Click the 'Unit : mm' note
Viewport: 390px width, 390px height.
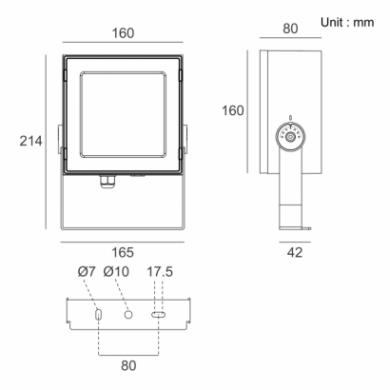tap(347, 23)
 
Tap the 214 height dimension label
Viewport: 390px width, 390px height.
tap(30, 141)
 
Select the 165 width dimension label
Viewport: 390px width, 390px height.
tap(123, 253)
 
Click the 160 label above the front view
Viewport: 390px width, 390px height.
tap(123, 33)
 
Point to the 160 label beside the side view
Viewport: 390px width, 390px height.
tap(233, 110)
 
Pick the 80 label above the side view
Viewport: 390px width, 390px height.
tap(290, 29)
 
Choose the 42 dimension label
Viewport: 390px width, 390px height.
tap(295, 253)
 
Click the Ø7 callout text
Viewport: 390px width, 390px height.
tap(87, 272)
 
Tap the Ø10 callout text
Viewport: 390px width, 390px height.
tap(116, 272)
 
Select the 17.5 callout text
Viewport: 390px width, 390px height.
tap(160, 272)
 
